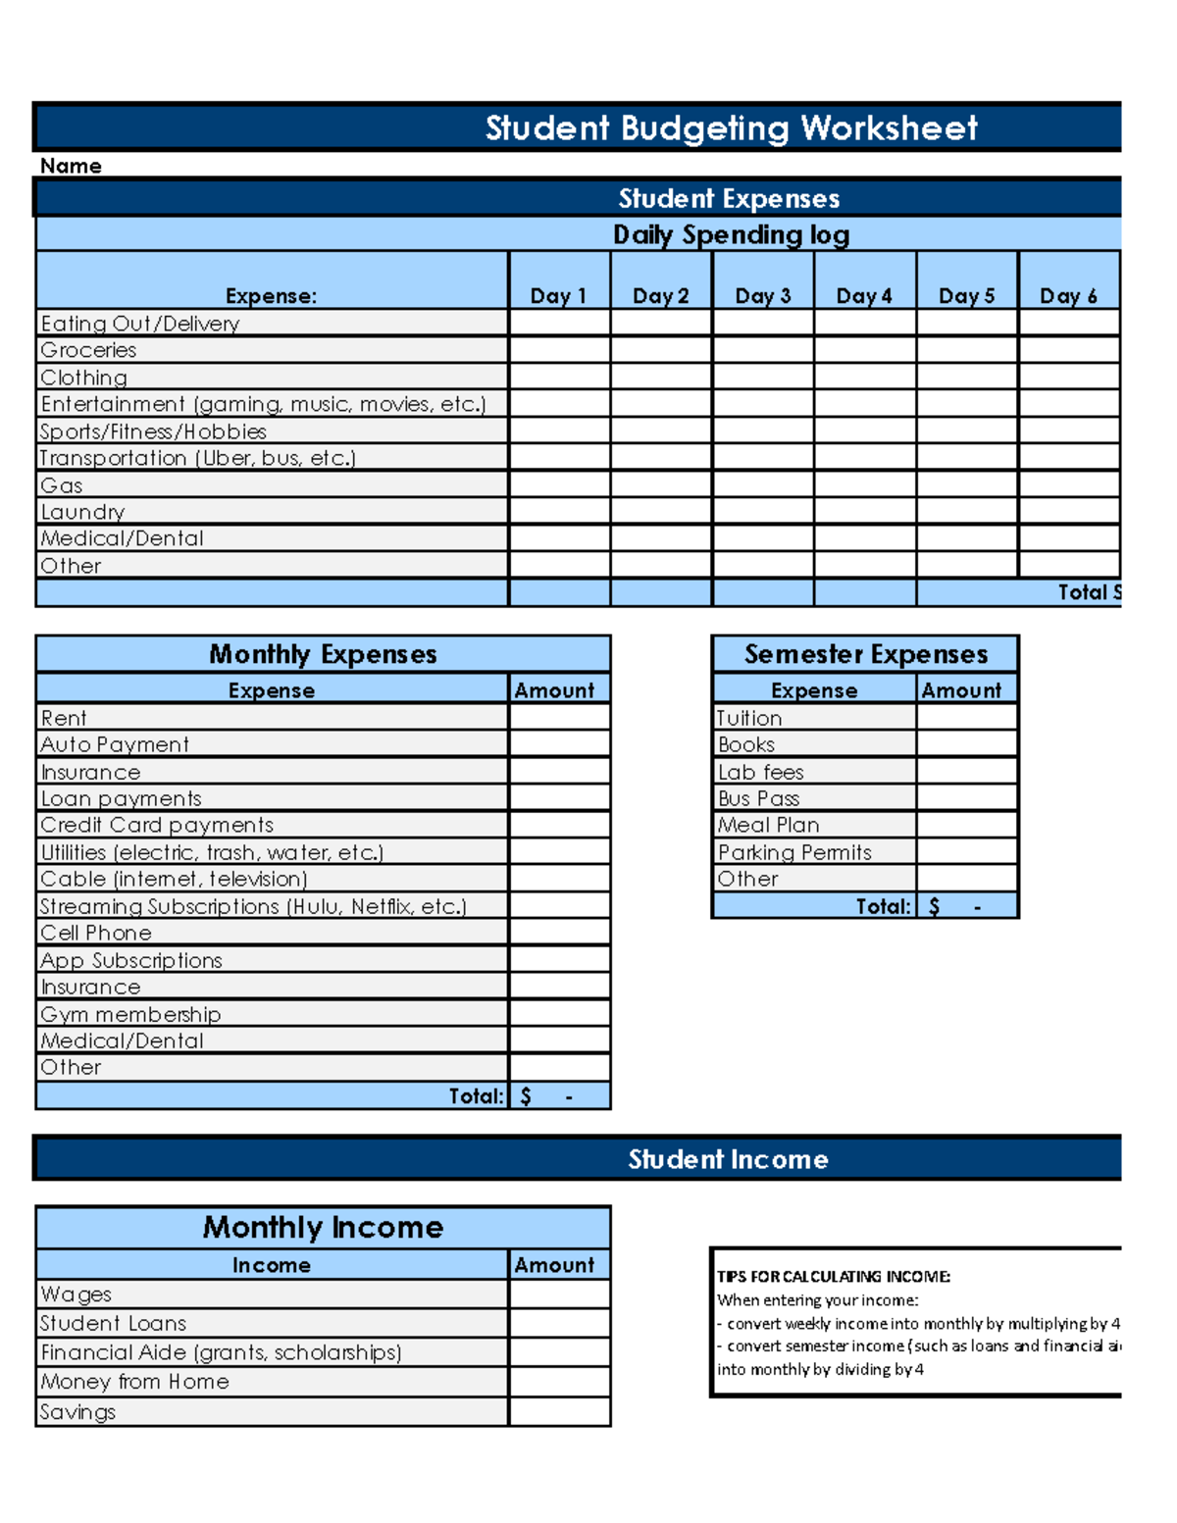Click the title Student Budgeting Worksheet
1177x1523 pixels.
coord(731,128)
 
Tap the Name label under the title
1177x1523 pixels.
coord(71,166)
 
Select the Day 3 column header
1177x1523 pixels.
coord(762,295)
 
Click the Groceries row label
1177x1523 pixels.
coord(88,350)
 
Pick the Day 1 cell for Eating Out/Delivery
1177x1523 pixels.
coord(559,323)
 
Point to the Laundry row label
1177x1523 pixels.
coord(82,512)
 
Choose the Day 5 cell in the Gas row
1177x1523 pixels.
coord(966,484)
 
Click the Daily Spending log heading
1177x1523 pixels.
coord(731,235)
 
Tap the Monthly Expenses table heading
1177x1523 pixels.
coord(323,654)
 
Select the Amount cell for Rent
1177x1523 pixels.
coord(559,718)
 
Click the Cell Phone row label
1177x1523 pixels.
coord(96,933)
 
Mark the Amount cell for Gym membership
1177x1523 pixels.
coord(559,1014)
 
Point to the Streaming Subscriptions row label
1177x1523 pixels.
coord(253,906)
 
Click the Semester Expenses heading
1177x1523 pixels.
coord(865,654)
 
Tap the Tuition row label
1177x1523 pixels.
coord(749,718)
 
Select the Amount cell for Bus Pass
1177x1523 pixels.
coord(966,798)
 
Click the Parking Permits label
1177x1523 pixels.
coord(794,852)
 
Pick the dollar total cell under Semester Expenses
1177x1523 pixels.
coord(966,906)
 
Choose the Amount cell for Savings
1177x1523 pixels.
coord(559,1411)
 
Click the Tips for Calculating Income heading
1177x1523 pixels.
coord(833,1276)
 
